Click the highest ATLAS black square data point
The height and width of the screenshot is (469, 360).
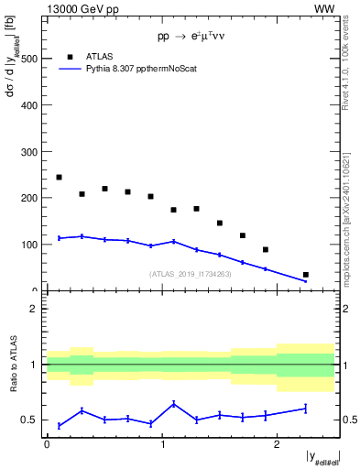click(x=59, y=178)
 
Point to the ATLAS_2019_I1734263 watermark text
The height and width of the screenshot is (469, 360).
click(x=191, y=273)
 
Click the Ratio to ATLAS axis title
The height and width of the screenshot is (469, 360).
click(x=14, y=364)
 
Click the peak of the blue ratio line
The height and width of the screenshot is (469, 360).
click(x=173, y=403)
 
